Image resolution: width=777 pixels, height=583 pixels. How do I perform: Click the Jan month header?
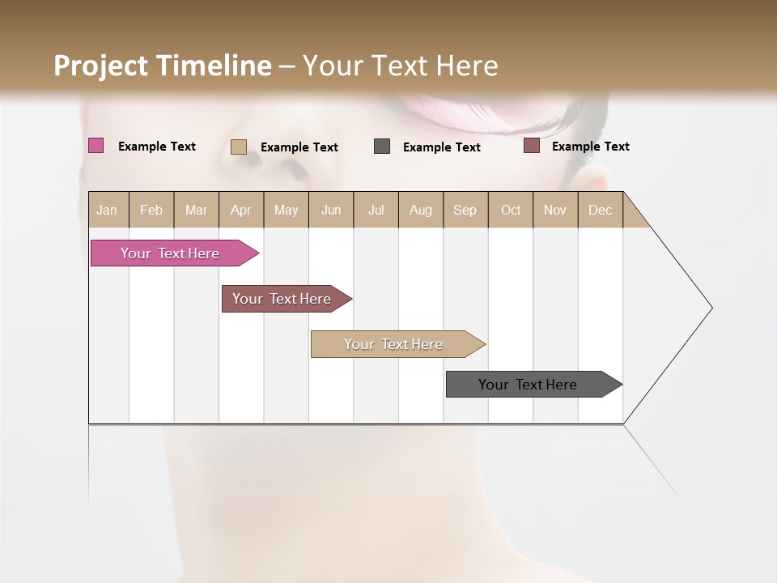click(108, 210)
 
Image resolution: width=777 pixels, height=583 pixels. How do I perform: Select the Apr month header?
click(241, 210)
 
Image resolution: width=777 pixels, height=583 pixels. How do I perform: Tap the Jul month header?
click(376, 210)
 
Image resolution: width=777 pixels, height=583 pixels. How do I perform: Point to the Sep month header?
click(465, 210)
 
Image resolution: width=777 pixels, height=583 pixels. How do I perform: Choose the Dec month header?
click(601, 210)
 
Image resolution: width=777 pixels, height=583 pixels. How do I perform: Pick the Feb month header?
click(151, 210)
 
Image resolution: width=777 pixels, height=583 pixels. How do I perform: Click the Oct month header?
click(511, 210)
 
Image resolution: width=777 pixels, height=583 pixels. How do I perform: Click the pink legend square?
click(96, 146)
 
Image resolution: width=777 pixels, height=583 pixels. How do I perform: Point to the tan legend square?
click(238, 147)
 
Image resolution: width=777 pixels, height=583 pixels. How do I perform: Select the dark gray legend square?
click(382, 146)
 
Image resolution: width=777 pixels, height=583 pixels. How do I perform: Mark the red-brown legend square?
click(531, 146)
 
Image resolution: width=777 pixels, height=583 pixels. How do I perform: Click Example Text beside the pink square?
click(157, 147)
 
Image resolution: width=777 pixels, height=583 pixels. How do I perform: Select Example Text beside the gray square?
click(442, 147)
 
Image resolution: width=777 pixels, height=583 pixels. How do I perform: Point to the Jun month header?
click(331, 210)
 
